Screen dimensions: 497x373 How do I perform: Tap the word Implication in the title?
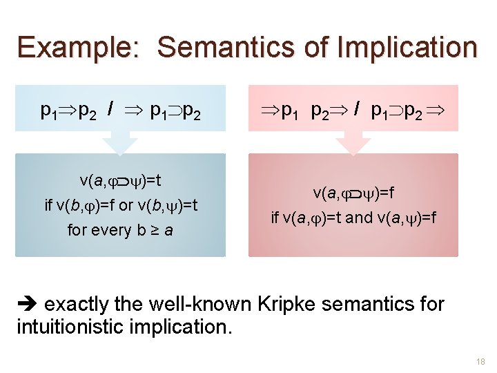(407, 48)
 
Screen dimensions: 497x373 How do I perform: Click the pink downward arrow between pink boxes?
(353, 143)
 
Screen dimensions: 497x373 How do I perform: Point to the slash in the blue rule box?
(110, 109)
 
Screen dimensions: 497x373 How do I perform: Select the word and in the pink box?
(358, 218)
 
